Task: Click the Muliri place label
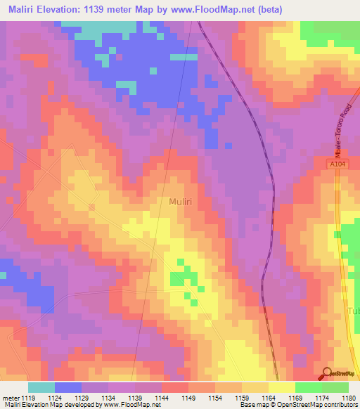pyautogui.click(x=182, y=202)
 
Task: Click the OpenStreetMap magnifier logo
pyautogui.click(x=328, y=374)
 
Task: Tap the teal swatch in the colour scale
pyautogui.click(x=41, y=387)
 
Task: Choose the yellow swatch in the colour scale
pyautogui.click(x=282, y=387)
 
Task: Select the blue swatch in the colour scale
pyautogui.click(x=68, y=387)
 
